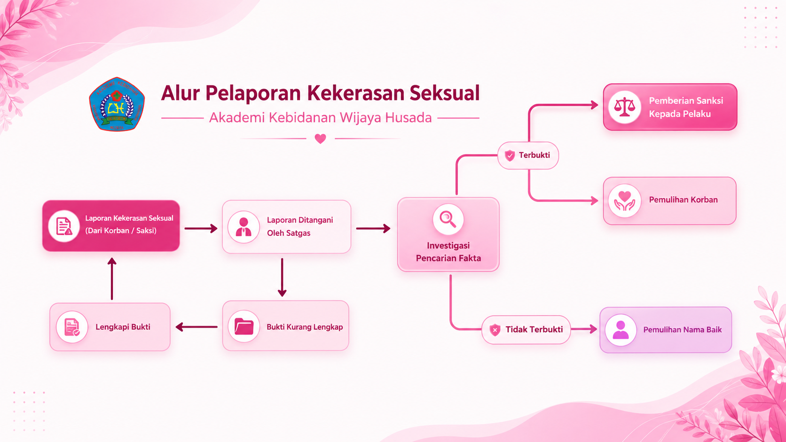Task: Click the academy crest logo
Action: (x=117, y=104)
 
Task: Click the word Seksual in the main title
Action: (x=444, y=93)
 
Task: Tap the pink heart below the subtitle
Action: (x=320, y=139)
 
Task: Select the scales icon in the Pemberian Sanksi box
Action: (x=624, y=107)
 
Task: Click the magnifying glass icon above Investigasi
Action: (x=448, y=219)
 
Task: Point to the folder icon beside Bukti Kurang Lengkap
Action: (x=244, y=326)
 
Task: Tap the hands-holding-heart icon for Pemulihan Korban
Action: (x=624, y=201)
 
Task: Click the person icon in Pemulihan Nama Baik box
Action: (x=621, y=330)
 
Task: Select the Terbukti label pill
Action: (x=528, y=155)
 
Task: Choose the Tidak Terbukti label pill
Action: (x=526, y=330)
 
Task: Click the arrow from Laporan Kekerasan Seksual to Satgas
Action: (x=201, y=229)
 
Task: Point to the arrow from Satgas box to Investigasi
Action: (x=373, y=229)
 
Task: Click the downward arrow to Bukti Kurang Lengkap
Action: (x=282, y=277)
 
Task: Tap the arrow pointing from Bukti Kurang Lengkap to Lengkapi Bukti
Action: (x=196, y=327)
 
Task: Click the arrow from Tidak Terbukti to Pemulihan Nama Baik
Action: (x=584, y=330)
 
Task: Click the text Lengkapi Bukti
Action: (x=123, y=327)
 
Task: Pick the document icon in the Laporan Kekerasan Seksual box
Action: (x=64, y=226)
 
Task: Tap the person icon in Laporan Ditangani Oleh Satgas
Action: (x=244, y=227)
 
